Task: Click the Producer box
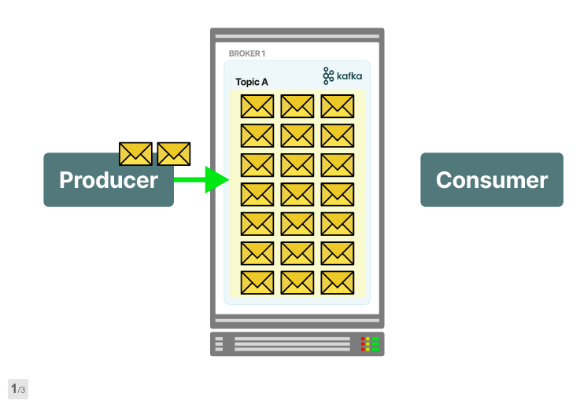click(108, 180)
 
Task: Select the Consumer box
click(491, 180)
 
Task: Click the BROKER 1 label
click(246, 53)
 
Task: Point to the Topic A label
click(252, 82)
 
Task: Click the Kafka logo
click(342, 75)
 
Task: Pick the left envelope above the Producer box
click(135, 153)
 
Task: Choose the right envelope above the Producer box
click(174, 153)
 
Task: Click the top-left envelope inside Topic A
click(257, 106)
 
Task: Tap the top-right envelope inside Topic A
click(338, 106)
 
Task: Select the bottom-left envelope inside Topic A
click(257, 282)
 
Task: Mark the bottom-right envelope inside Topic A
click(338, 282)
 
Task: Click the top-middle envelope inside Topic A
click(297, 106)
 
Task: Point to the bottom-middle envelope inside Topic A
click(297, 282)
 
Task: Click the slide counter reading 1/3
click(18, 389)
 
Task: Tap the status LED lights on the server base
click(370, 344)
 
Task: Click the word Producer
click(108, 180)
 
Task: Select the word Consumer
click(491, 180)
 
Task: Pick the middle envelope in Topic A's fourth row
click(297, 194)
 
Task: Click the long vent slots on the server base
click(292, 344)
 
